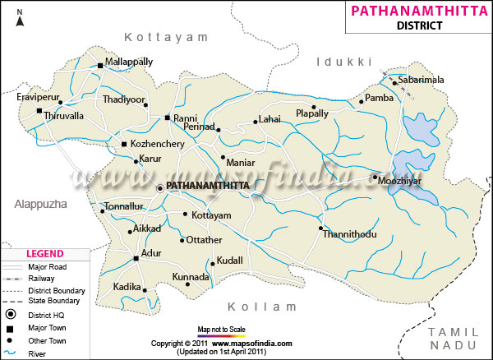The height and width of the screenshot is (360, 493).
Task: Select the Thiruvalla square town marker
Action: click(39, 111)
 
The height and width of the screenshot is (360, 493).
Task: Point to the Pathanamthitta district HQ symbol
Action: click(160, 188)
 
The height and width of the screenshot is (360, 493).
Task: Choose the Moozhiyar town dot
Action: click(374, 178)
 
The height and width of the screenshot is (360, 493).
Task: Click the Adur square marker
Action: click(136, 259)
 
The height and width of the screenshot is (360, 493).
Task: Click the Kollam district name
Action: click(262, 306)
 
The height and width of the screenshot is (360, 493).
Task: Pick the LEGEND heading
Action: click(46, 254)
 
